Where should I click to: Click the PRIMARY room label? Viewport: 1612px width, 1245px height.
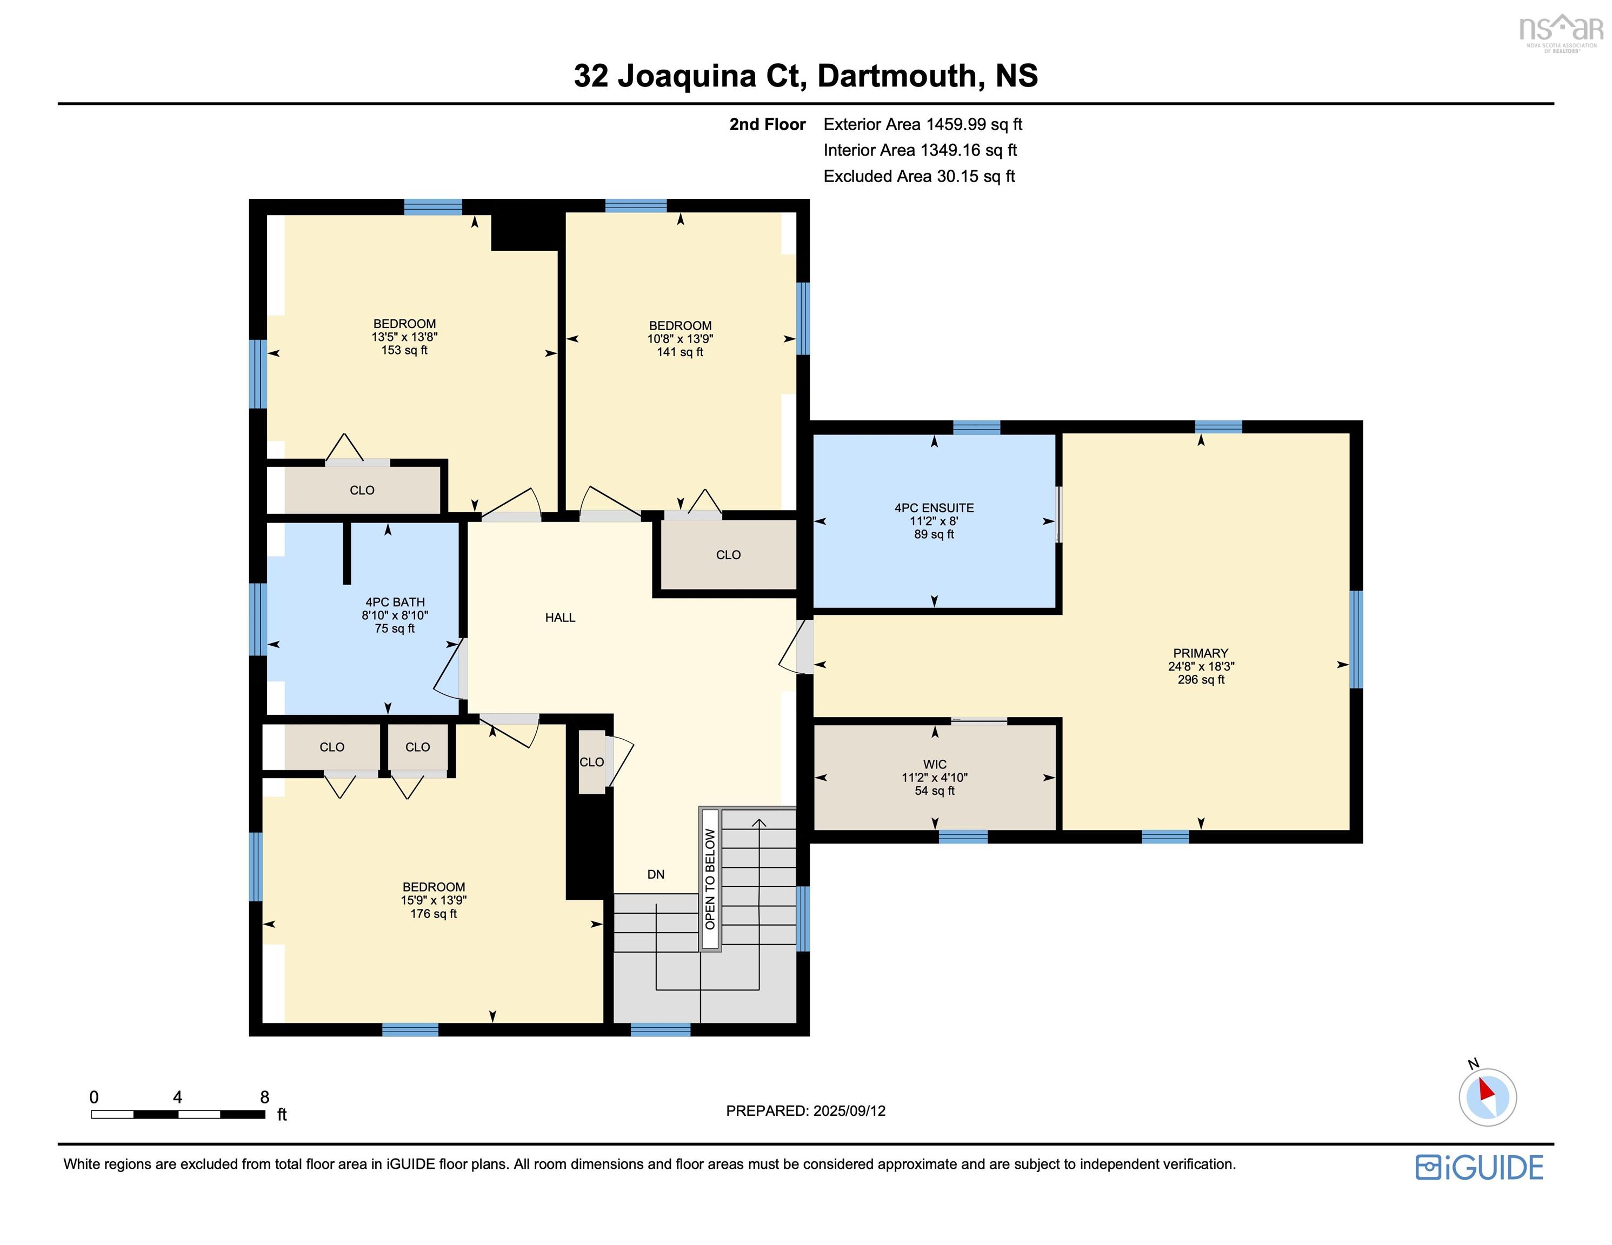[1200, 653]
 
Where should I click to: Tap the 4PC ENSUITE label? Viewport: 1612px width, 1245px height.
[934, 508]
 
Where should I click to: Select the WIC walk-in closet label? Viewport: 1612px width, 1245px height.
[935, 764]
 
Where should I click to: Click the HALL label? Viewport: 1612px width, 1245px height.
[559, 618]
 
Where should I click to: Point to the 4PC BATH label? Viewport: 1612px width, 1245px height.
[395, 602]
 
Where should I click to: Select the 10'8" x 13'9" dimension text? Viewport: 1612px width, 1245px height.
[680, 339]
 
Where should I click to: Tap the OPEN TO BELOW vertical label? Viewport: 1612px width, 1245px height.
[710, 878]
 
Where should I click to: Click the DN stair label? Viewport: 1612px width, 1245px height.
[655, 874]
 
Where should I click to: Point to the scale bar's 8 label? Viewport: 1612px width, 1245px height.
[264, 1097]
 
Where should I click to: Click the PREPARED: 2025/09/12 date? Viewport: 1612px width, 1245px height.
[805, 1110]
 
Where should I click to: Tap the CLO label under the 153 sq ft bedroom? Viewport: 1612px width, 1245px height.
[362, 490]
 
